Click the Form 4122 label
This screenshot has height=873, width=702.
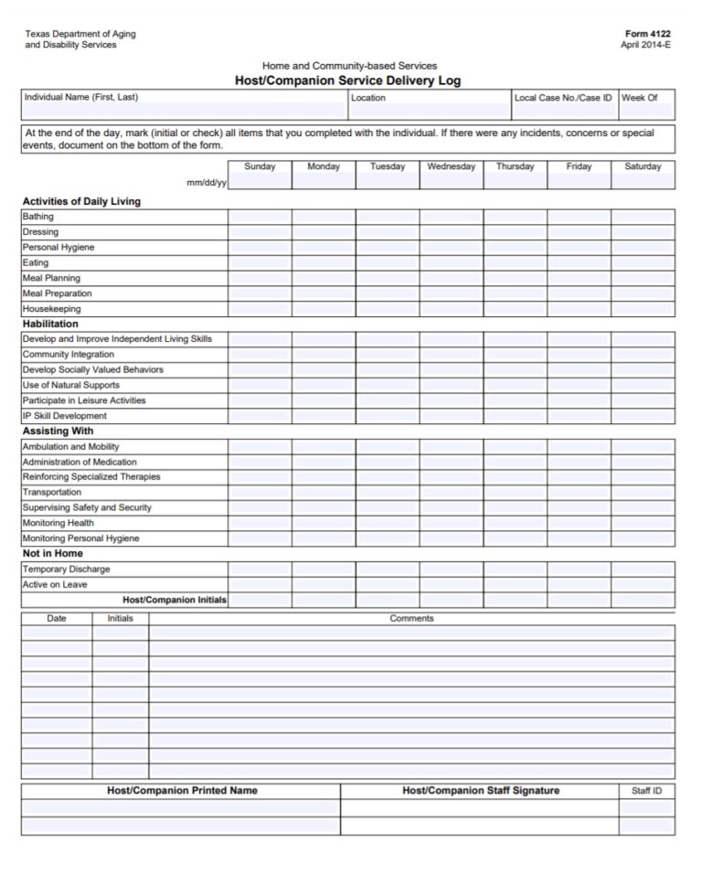coord(648,34)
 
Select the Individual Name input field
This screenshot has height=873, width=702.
coord(183,111)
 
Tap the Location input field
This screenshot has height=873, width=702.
coord(429,111)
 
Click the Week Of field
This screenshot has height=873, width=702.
coord(646,111)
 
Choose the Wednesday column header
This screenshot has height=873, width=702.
coord(452,167)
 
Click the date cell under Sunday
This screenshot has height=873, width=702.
coord(260,182)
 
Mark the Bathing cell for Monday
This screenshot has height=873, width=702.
coord(324,218)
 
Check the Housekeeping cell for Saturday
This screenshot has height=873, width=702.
coord(643,309)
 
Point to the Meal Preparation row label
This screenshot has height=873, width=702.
coord(58,293)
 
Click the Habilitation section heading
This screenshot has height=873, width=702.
coord(50,324)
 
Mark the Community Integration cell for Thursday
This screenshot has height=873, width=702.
coord(516,355)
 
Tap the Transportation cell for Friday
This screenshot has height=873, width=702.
coord(580,493)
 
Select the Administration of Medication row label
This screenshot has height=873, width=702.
coord(80,462)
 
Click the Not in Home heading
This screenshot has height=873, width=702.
coord(52,553)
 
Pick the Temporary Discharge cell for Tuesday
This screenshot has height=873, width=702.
coord(388,570)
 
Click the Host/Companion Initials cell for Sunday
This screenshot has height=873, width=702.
coord(260,600)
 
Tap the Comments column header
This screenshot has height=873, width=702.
coord(411,619)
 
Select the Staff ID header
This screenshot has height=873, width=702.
coord(646,791)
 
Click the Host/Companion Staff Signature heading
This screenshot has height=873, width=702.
coord(481,791)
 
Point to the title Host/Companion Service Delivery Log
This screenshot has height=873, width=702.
coord(348,80)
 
